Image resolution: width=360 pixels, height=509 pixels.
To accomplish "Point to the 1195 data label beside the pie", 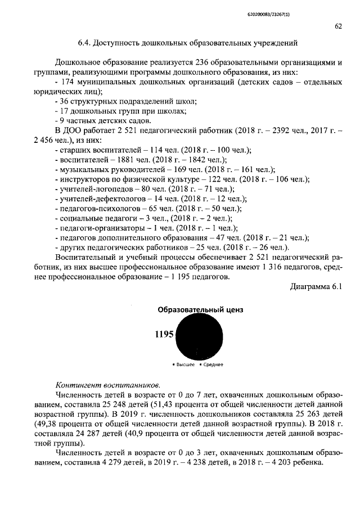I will [x=164, y=335].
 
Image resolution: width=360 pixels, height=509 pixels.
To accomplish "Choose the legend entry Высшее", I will [x=185, y=364].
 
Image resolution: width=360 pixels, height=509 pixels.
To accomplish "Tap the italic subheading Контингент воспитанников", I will [x=108, y=385].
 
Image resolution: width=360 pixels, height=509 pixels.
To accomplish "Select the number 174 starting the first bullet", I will [x=69, y=82].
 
